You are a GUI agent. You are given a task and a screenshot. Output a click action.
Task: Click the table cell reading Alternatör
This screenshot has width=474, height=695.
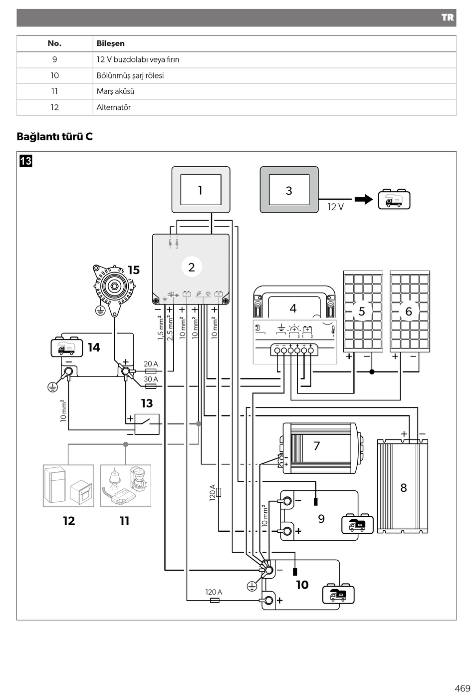click(113, 107)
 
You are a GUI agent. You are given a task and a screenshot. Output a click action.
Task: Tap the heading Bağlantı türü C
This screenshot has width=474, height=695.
click(54, 136)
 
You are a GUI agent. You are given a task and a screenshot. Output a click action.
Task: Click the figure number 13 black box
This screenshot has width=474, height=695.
click(26, 161)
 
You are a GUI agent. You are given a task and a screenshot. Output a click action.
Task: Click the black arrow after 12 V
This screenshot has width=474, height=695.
click(364, 199)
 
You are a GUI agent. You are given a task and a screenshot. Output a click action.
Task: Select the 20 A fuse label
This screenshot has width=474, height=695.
click(151, 363)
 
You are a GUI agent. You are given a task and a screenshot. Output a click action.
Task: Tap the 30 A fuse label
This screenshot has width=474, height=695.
click(151, 379)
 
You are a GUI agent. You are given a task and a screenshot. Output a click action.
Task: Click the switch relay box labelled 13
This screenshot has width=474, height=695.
click(147, 424)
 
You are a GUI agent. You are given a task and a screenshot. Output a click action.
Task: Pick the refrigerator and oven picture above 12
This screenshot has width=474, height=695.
click(68, 486)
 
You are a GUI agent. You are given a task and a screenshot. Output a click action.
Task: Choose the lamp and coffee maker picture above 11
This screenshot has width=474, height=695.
click(126, 486)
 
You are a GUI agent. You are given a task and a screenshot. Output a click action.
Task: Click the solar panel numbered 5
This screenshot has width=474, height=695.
click(363, 312)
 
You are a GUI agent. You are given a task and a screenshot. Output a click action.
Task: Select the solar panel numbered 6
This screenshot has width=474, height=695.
click(410, 312)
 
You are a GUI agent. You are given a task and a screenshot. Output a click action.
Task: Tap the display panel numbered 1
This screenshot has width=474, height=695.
click(201, 190)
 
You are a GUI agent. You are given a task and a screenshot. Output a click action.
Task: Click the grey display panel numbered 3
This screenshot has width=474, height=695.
click(289, 190)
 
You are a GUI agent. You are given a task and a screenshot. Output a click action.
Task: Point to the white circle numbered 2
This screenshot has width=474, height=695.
click(192, 267)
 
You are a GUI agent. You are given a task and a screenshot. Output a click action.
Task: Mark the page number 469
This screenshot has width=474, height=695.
click(463, 688)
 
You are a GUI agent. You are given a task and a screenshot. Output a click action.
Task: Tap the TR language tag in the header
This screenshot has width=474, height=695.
click(448, 17)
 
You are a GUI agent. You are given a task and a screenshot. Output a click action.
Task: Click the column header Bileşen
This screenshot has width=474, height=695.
click(110, 43)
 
